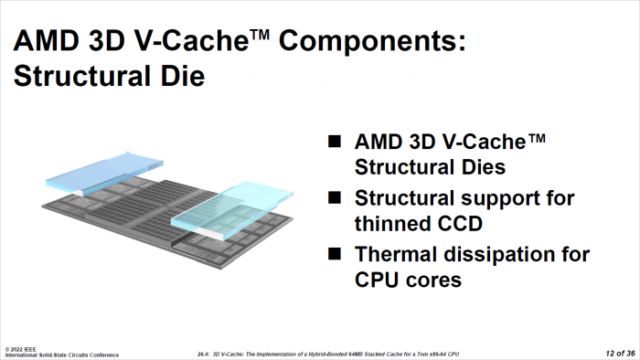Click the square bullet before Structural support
click(335, 196)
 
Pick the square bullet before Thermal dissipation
click(335, 253)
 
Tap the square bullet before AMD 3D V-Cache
click(335, 141)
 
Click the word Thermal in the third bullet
click(397, 253)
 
